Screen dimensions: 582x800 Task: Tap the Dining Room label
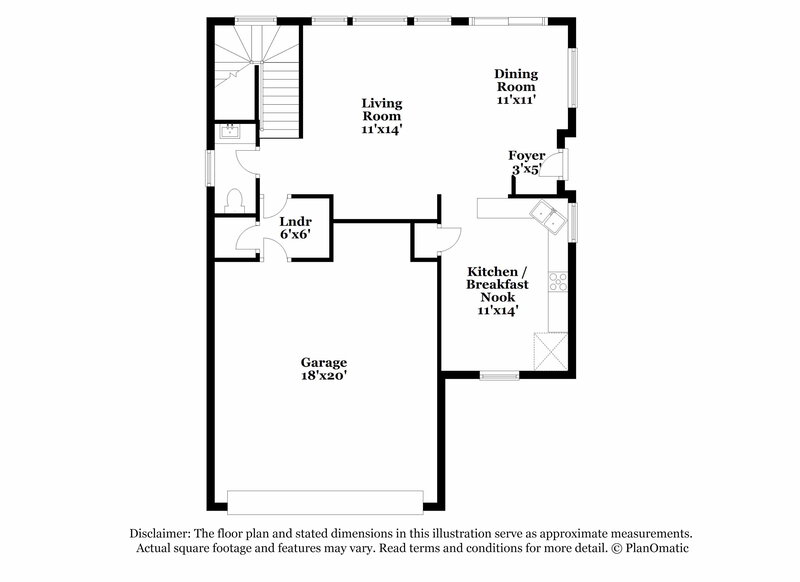click(517, 86)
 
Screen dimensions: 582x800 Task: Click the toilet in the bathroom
click(234, 199)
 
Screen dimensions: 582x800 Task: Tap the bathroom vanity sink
click(232, 131)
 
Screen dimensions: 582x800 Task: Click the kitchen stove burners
click(558, 282)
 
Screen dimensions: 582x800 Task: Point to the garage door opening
click(326, 501)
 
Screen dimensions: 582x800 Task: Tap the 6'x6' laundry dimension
click(294, 233)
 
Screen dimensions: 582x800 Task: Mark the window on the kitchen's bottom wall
click(495, 376)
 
